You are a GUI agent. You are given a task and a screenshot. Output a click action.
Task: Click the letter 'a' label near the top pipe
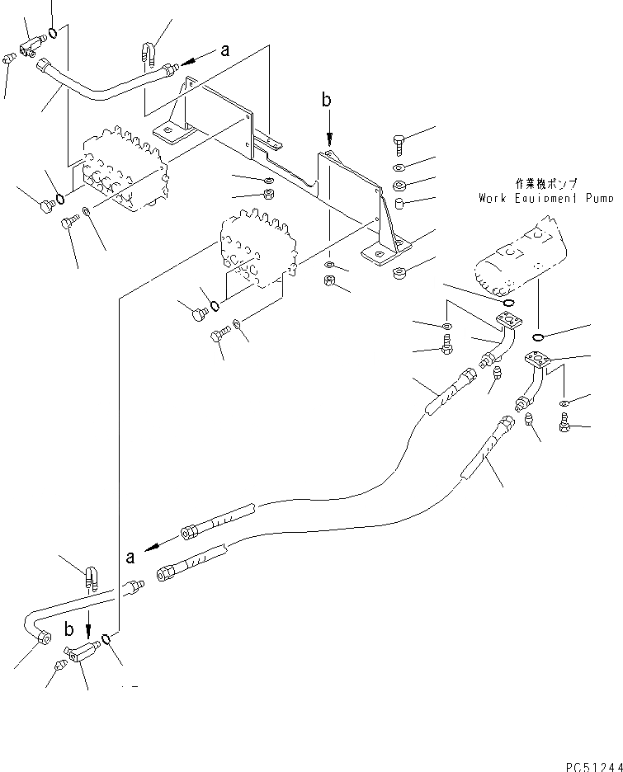coord(225,50)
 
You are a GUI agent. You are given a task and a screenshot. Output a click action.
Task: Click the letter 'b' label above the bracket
coord(327,100)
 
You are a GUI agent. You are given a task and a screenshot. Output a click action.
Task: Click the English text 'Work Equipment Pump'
coord(546,199)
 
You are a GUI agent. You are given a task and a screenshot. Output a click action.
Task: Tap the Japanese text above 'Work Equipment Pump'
coord(546,184)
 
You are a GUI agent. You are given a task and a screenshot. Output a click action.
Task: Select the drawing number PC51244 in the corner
coord(594,766)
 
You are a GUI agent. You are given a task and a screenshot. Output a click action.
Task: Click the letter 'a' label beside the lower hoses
coord(130,558)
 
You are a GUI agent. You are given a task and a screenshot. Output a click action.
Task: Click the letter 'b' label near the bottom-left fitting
coord(69,628)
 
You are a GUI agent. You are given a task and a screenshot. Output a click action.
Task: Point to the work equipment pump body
coord(522,256)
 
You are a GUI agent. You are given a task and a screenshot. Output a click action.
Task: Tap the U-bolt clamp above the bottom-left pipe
coord(92,578)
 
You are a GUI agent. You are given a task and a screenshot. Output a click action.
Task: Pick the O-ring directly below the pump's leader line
coord(538,337)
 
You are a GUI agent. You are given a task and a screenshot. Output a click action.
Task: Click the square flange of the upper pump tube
coord(508,321)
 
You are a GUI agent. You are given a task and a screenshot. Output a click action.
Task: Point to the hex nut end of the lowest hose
coord(164,573)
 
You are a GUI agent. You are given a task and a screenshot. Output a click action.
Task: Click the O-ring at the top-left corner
coord(53,34)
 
